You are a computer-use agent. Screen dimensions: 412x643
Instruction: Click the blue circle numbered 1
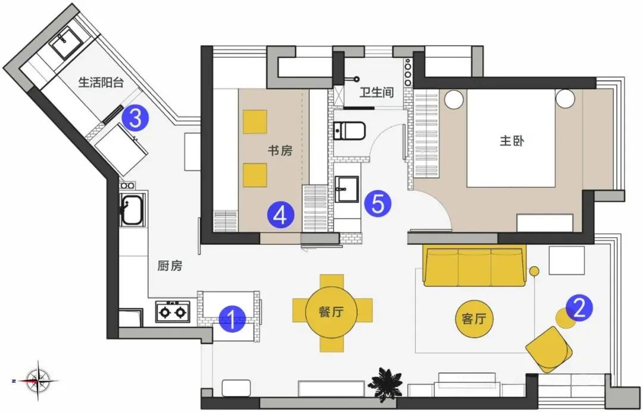pyautogui.click(x=233, y=319)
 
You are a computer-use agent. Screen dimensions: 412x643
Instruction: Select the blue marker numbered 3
pyautogui.click(x=135, y=119)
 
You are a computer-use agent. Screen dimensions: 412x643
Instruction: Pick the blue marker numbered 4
pyautogui.click(x=281, y=215)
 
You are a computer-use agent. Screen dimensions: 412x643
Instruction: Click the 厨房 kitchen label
pyautogui.click(x=170, y=266)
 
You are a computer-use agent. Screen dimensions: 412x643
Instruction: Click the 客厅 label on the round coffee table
pyautogui.click(x=475, y=319)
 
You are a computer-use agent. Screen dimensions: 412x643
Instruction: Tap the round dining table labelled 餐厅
pyautogui.click(x=332, y=311)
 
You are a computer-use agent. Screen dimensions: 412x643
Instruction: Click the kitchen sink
pyautogui.click(x=130, y=210)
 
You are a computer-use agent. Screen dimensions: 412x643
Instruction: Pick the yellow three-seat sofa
pyautogui.click(x=475, y=266)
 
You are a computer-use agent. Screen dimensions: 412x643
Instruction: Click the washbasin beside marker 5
pyautogui.click(x=347, y=190)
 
